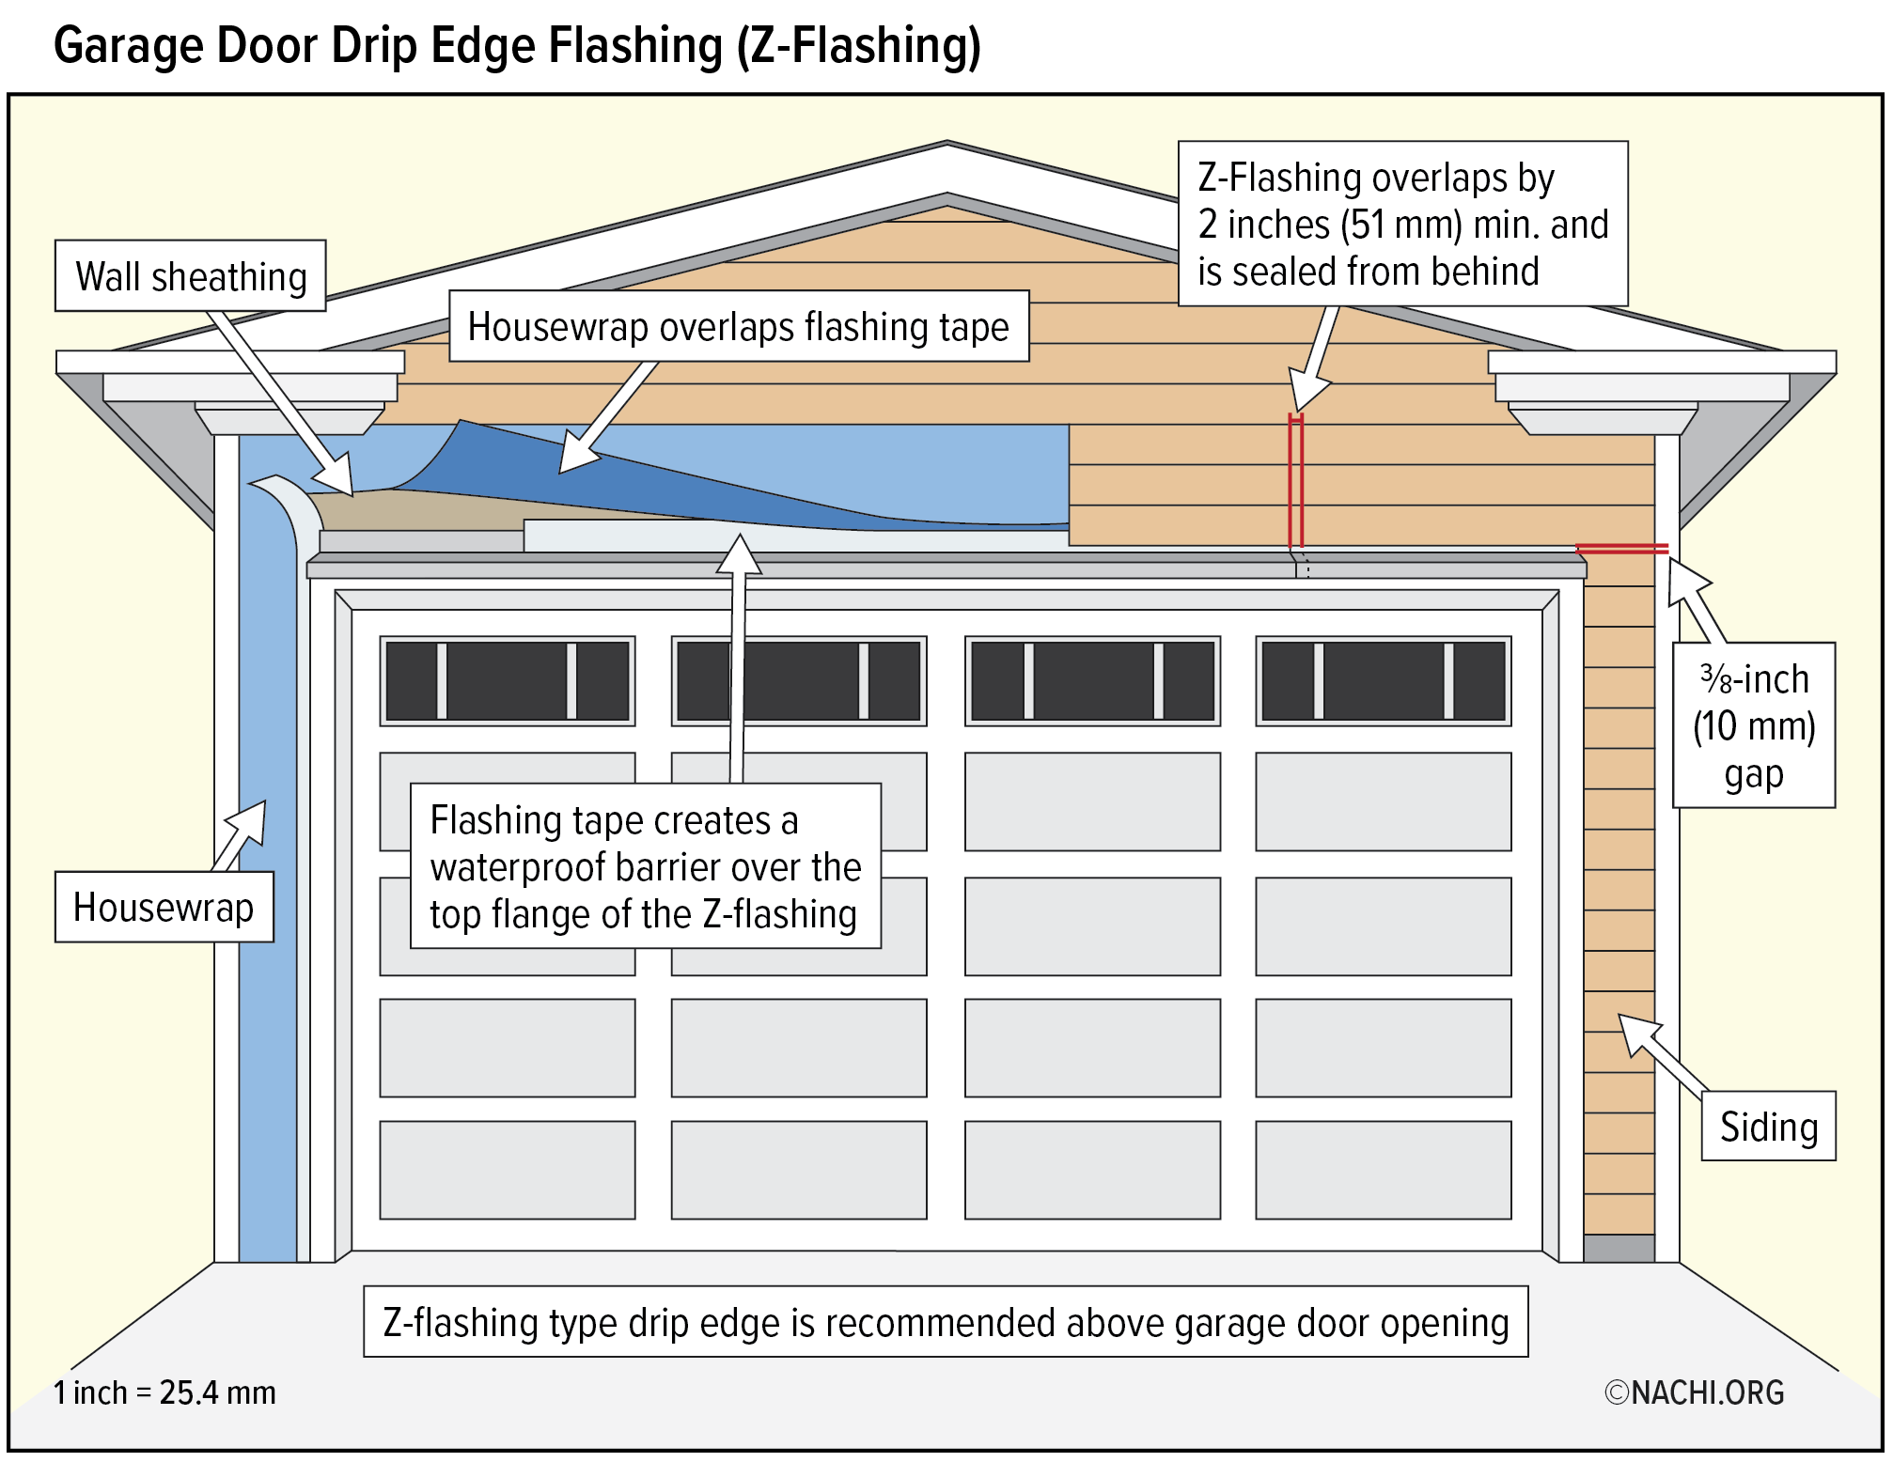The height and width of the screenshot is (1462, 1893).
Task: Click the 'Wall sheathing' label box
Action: click(x=191, y=276)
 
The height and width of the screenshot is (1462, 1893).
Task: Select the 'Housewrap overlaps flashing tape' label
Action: click(x=739, y=327)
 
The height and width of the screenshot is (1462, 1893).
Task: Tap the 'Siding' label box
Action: click(x=1768, y=1127)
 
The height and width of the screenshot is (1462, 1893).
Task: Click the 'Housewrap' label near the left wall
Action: click(x=164, y=908)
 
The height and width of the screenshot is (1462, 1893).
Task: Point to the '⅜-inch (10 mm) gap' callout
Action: click(x=1754, y=725)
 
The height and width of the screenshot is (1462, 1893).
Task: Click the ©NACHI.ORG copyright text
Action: click(x=1694, y=1392)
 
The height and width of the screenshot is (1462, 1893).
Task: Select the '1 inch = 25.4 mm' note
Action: click(x=164, y=1392)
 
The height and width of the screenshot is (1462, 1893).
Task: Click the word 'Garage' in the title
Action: click(x=129, y=45)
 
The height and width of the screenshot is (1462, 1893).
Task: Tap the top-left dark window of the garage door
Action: click(x=508, y=681)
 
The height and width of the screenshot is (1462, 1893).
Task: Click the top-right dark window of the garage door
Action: click(x=1383, y=681)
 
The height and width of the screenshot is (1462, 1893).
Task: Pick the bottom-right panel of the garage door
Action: click(x=1383, y=1170)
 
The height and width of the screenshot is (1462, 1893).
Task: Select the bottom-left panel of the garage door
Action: click(x=508, y=1170)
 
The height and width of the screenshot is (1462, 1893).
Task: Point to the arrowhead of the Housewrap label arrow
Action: click(x=251, y=819)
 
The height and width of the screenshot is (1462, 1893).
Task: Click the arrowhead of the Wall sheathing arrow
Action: click(x=338, y=475)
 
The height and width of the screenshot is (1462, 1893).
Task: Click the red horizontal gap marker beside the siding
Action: click(x=1621, y=549)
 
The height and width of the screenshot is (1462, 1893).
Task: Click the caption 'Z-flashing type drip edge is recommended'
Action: click(x=946, y=1322)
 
